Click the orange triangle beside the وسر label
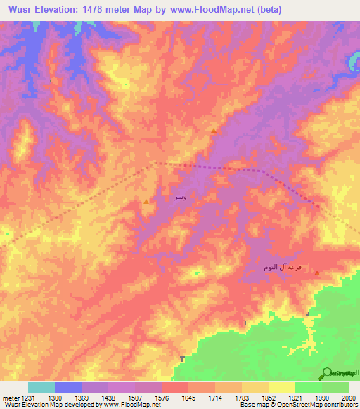click(x=146, y=202)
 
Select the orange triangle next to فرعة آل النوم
click(x=316, y=273)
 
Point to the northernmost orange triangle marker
click(x=214, y=131)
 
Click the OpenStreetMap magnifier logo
click(x=328, y=373)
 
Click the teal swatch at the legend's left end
click(x=41, y=387)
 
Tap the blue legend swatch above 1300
click(x=68, y=387)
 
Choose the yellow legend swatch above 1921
click(x=282, y=387)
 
